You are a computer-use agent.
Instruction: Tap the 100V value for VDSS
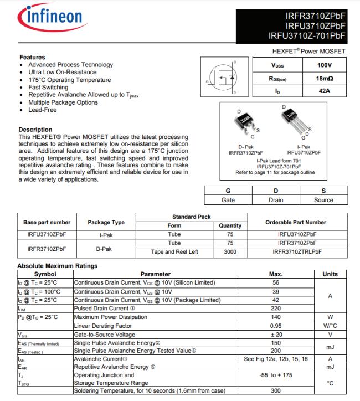point(324,65)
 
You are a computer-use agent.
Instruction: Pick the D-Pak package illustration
point(244,121)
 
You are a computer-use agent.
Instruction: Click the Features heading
point(32,57)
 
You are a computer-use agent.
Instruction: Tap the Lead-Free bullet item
point(43,110)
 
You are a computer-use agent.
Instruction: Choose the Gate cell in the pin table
point(228,200)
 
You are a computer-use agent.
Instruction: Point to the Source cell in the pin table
point(323,200)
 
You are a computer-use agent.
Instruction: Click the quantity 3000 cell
point(230,252)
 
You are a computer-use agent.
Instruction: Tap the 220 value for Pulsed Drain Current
point(275,309)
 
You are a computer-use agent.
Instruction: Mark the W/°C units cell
point(330,326)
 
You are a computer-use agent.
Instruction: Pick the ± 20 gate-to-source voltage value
point(275,335)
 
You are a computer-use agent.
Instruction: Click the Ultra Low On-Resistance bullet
point(62,72)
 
